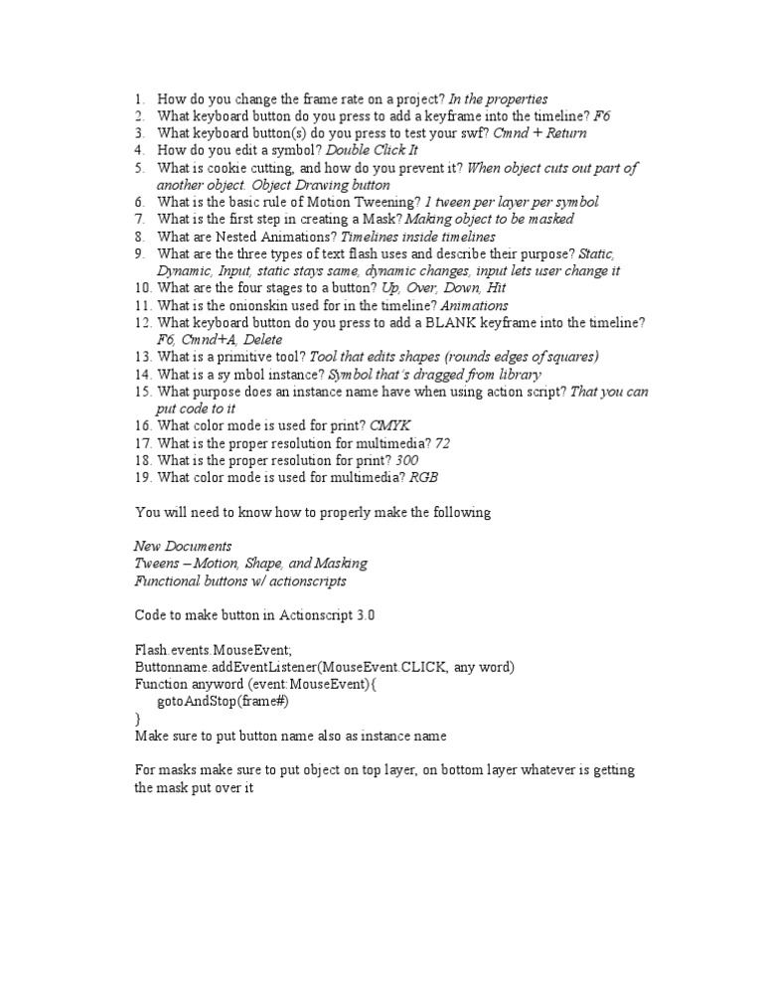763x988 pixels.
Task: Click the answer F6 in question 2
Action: [602, 116]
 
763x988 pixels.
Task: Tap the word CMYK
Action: [389, 425]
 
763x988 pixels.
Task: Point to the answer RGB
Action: [423, 477]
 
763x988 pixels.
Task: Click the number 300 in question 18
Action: [406, 460]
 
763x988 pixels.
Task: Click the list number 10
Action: [142, 287]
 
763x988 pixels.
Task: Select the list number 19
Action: [142, 477]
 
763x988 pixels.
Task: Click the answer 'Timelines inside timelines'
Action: [418, 237]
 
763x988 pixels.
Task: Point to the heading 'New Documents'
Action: [183, 546]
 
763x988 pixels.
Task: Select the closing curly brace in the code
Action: [138, 718]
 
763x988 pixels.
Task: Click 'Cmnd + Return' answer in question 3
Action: [539, 133]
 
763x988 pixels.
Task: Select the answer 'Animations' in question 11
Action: [475, 305]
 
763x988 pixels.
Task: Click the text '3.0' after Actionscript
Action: [365, 615]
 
